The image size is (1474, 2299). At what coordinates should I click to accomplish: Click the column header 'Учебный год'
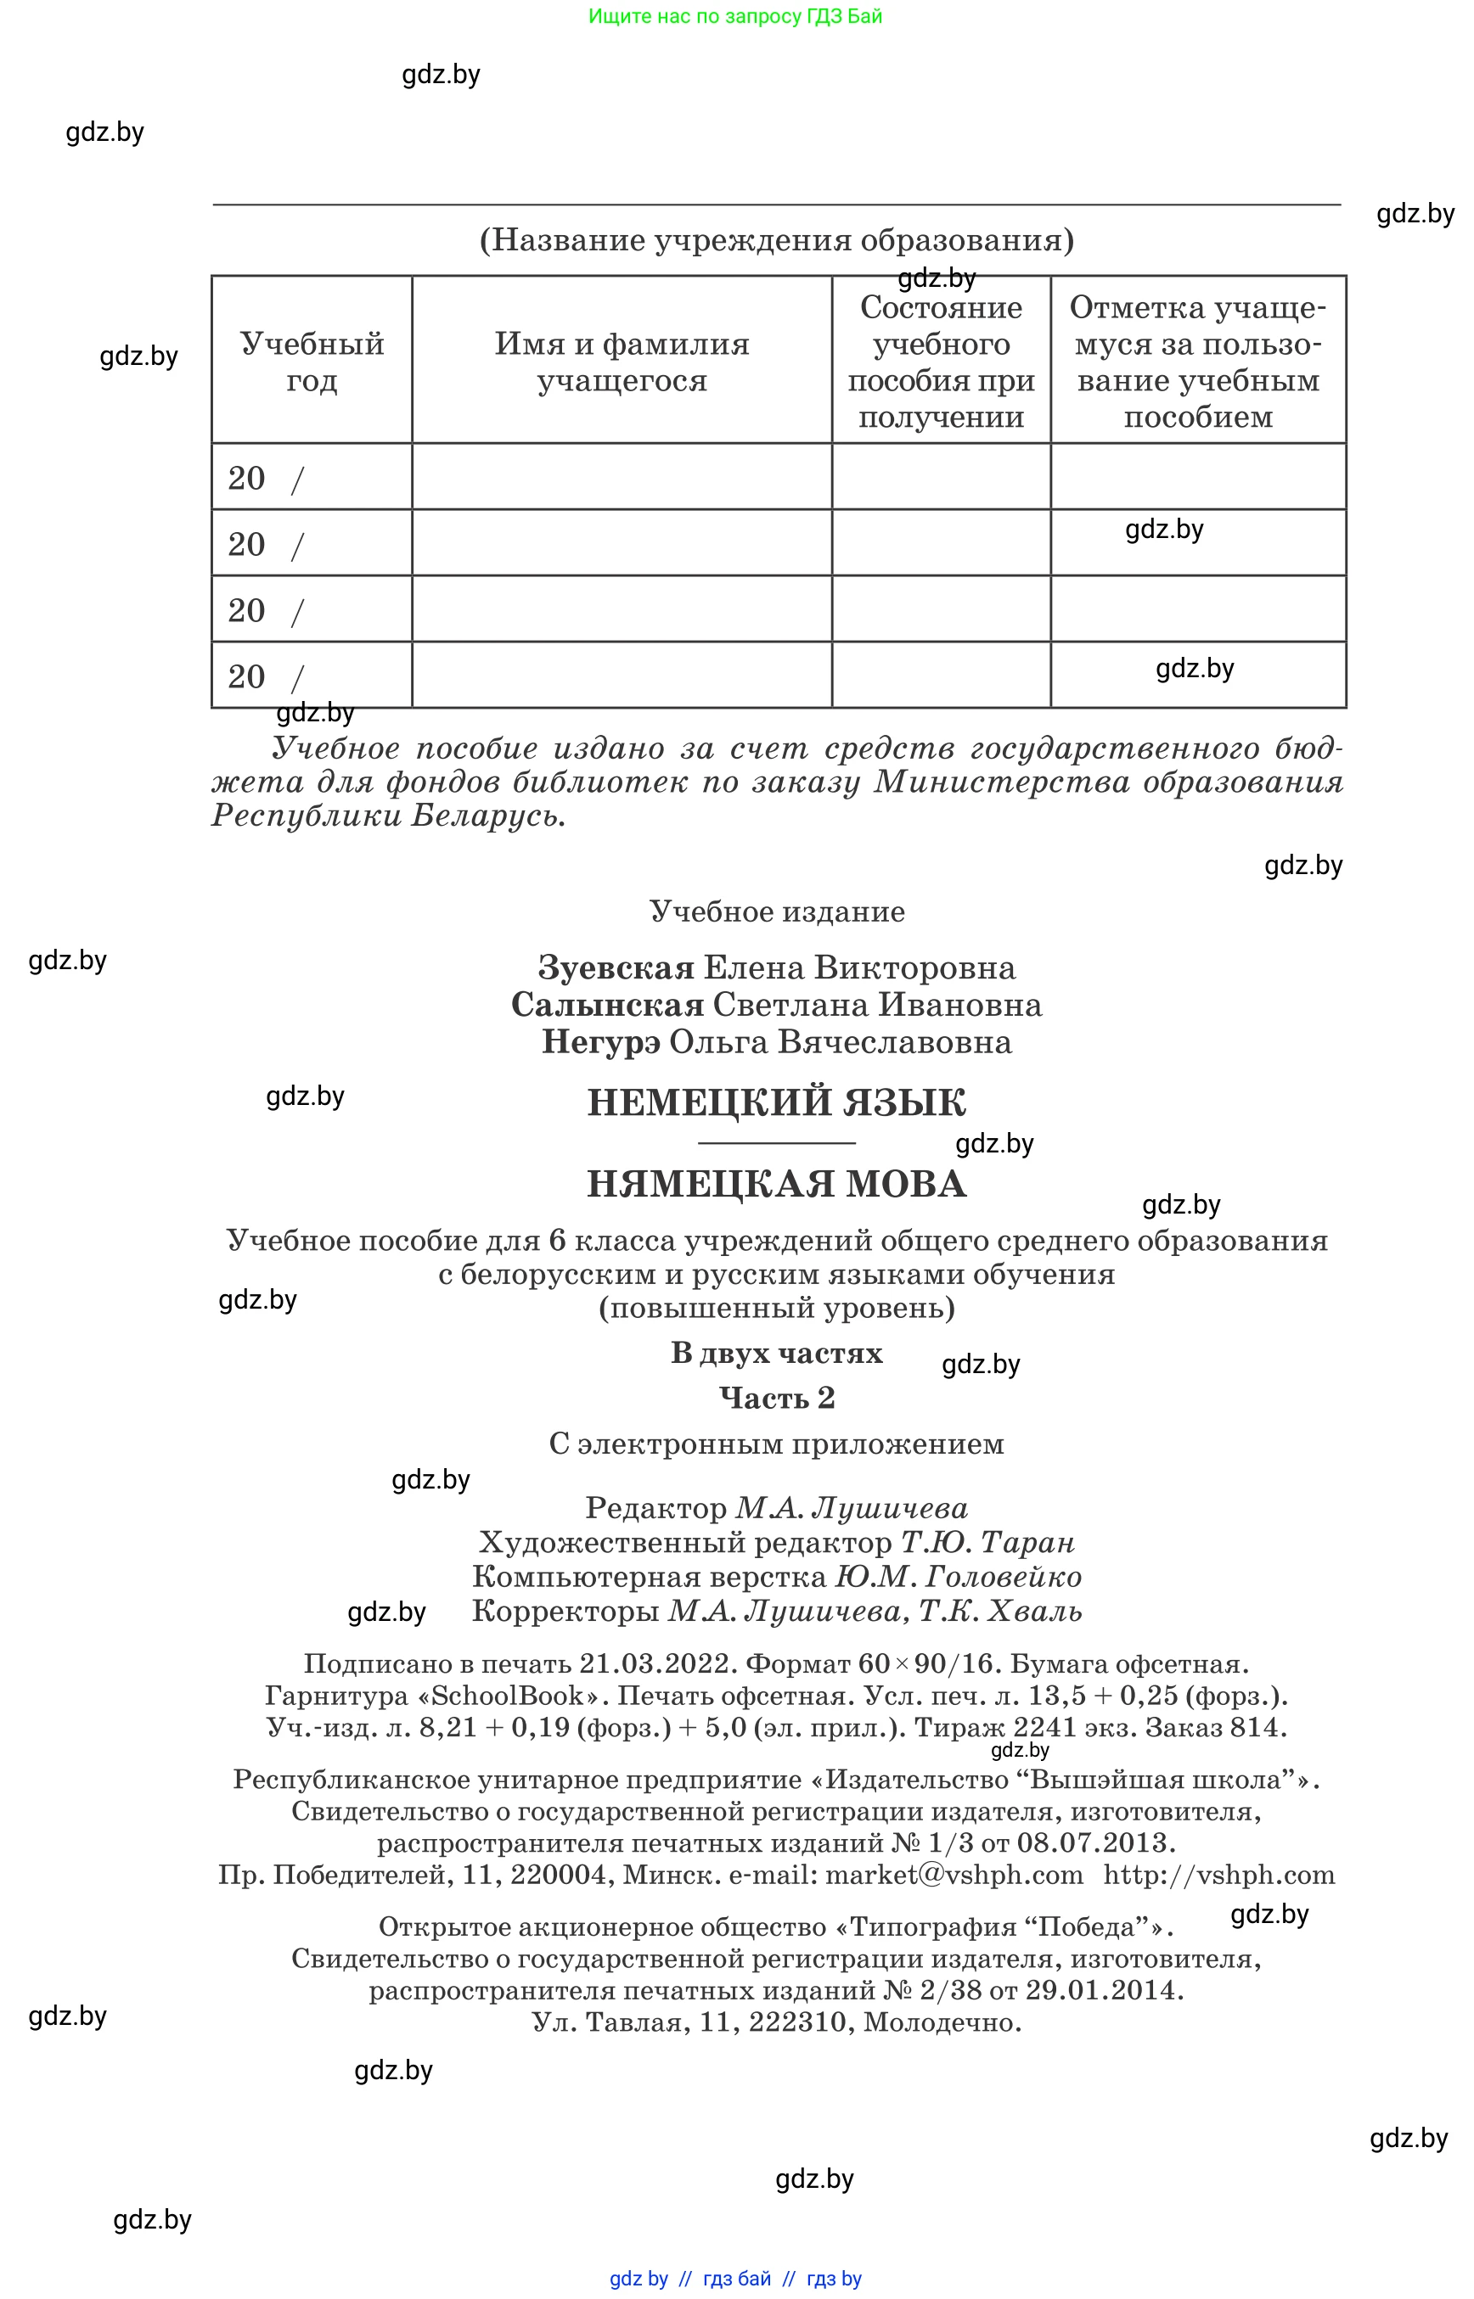click(311, 362)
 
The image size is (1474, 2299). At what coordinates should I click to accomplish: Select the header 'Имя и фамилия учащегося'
click(622, 362)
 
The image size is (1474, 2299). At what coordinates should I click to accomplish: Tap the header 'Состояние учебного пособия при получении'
click(940, 362)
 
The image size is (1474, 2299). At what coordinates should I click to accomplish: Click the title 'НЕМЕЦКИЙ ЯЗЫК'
click(776, 1103)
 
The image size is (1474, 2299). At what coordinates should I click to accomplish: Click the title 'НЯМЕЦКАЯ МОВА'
click(776, 1185)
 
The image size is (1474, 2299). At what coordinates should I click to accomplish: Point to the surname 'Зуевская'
click(616, 967)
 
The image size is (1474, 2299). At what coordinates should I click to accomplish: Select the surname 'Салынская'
click(607, 1005)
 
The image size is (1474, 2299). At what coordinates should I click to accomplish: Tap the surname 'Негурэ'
click(600, 1042)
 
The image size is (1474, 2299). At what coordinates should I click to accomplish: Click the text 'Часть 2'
click(776, 1399)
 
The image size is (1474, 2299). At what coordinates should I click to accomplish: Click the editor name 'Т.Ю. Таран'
click(987, 1542)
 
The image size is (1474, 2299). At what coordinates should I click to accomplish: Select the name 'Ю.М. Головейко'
click(958, 1577)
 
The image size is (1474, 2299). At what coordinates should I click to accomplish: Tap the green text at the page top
click(735, 16)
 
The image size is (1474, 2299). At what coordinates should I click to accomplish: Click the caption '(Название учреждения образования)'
click(776, 239)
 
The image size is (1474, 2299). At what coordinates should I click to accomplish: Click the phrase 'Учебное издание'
click(776, 911)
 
